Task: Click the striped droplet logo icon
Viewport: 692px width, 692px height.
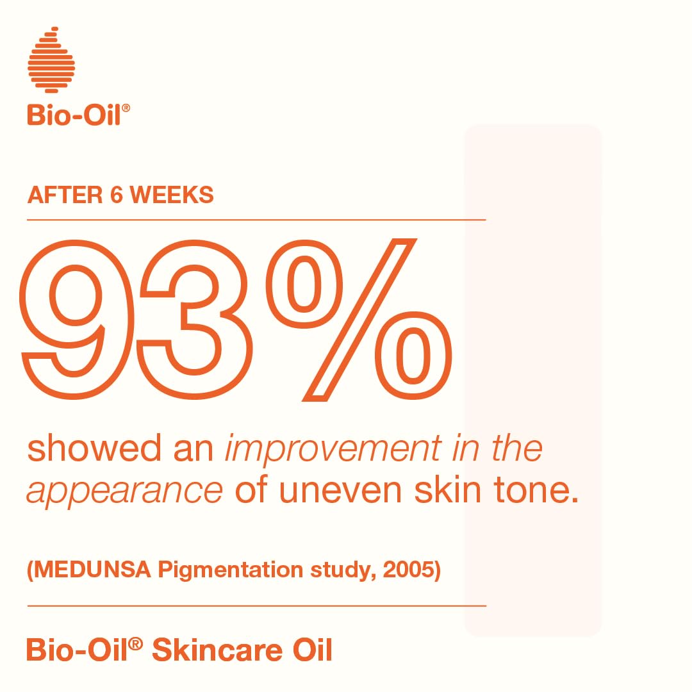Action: [51, 60]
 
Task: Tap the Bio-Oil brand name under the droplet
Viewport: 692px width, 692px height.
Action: [74, 116]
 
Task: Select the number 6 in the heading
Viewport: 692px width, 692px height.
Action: [116, 195]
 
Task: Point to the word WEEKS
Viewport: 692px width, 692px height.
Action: [172, 195]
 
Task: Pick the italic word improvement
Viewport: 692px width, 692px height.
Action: [333, 448]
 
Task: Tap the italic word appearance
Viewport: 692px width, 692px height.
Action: [124, 490]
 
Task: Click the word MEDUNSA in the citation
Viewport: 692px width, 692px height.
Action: [92, 570]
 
